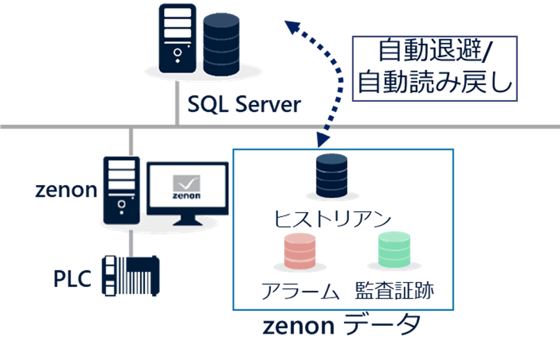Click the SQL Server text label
[x=243, y=104]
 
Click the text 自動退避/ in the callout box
[x=436, y=51]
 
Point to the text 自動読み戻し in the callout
[x=436, y=83]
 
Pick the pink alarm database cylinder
[x=299, y=252]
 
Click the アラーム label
[x=299, y=291]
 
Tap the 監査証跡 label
[x=394, y=291]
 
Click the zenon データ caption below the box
[x=342, y=326]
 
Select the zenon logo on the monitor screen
[x=187, y=187]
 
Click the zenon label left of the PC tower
[x=65, y=190]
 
